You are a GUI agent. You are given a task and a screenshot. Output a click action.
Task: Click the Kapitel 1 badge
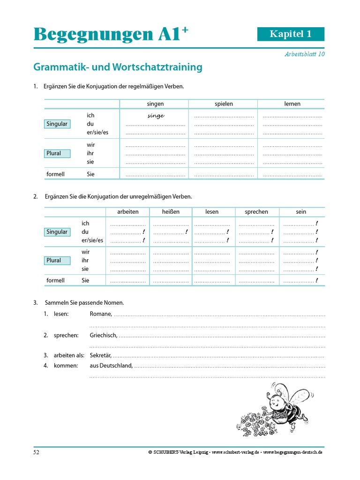[x=291, y=34]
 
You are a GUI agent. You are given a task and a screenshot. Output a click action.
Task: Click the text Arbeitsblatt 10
[x=304, y=54]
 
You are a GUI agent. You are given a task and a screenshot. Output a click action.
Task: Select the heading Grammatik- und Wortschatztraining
[x=118, y=67]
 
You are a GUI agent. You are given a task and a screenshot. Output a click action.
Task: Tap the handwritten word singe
[x=156, y=116]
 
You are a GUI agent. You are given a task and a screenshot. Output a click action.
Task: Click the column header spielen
[x=224, y=104]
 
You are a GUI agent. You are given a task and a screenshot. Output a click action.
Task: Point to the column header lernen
[x=292, y=104]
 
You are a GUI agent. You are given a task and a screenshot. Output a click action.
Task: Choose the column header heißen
[x=171, y=212]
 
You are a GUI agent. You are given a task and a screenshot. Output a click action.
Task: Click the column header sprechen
[x=256, y=212]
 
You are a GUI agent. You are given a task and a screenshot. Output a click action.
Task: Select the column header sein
[x=301, y=212]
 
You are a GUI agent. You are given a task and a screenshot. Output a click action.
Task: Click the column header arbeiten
[x=127, y=212]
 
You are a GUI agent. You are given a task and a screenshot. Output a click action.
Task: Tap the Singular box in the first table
[x=57, y=124]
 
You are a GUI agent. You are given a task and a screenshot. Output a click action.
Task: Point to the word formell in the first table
[x=55, y=174]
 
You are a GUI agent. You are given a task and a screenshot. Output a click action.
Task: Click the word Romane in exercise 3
[x=100, y=314]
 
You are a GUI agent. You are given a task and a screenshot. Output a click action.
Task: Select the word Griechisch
[x=103, y=336]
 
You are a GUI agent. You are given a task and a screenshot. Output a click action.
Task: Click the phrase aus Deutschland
[x=111, y=365]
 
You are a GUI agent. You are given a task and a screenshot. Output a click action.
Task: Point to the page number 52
[x=36, y=452]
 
